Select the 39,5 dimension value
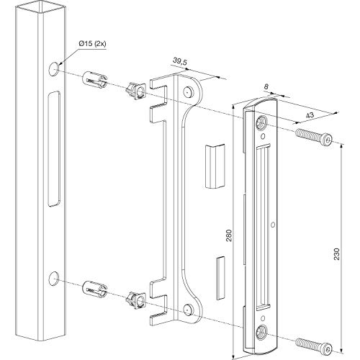(x=180, y=61)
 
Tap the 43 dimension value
(x=310, y=115)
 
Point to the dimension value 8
(x=266, y=86)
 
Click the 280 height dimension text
(x=229, y=235)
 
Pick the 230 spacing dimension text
(x=337, y=254)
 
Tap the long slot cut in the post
(x=54, y=149)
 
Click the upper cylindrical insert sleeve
(x=95, y=80)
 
